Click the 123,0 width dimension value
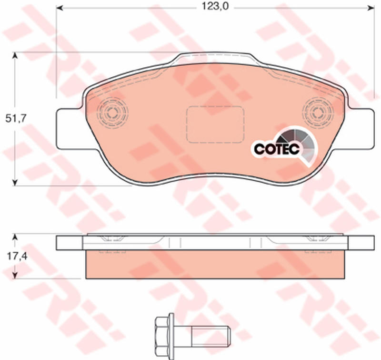click(x=215, y=7)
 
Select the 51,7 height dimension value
click(x=15, y=119)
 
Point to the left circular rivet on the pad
click(x=112, y=113)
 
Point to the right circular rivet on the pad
click(x=318, y=113)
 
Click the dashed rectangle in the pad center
click(x=215, y=124)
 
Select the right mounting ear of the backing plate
click(x=361, y=129)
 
